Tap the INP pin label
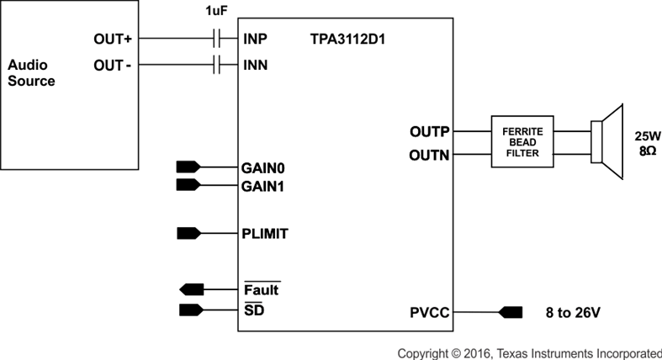(x=256, y=40)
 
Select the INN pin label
(x=257, y=65)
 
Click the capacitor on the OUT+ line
(x=217, y=39)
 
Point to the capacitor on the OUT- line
(x=217, y=64)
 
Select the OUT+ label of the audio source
(x=113, y=40)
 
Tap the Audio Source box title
(x=31, y=73)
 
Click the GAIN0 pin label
(x=263, y=167)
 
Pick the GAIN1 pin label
(x=263, y=185)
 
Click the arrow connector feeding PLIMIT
(x=188, y=233)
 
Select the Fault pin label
(x=261, y=290)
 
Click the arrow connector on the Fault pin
(x=192, y=289)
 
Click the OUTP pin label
(x=429, y=131)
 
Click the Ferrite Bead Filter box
(x=522, y=142)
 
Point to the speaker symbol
(x=607, y=142)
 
